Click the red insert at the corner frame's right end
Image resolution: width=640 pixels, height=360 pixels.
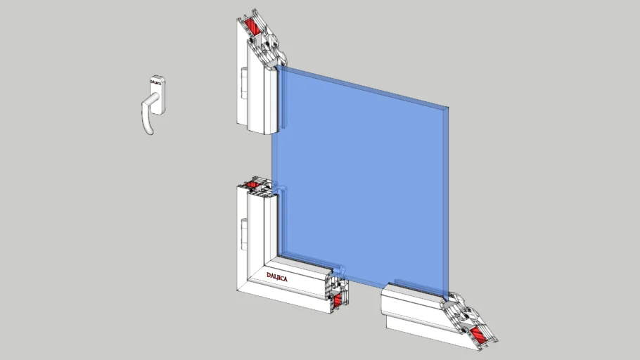(x=335, y=300)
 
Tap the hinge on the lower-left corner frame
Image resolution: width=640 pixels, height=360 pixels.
(x=243, y=229)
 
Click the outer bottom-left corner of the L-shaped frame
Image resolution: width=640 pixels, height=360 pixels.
(x=237, y=288)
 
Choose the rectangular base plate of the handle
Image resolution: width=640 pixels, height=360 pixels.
(x=157, y=94)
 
